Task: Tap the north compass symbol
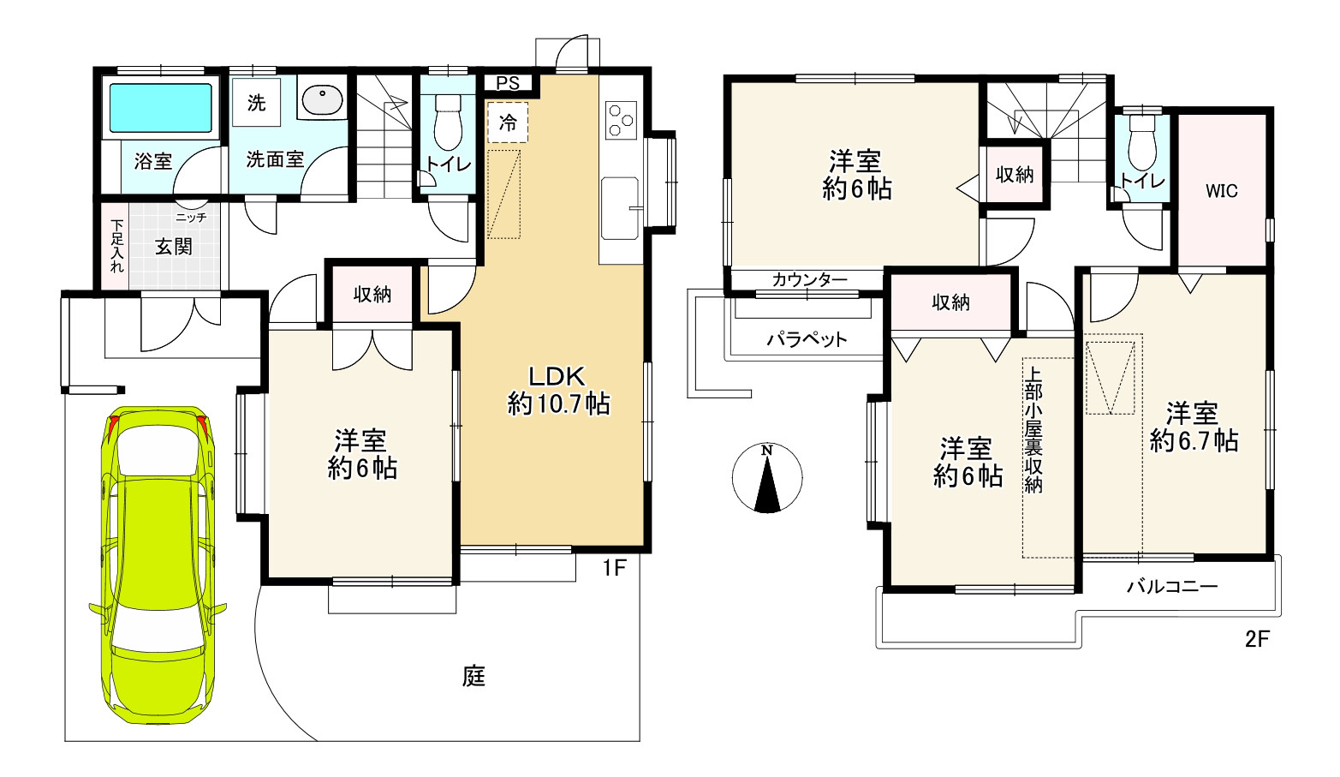point(767,478)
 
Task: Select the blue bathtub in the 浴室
point(159,107)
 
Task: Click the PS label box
point(508,83)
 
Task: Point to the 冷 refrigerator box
point(508,123)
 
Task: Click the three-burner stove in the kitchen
point(620,119)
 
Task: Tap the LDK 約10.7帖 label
point(557,390)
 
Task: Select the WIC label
point(1222,191)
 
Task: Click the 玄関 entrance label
point(173,247)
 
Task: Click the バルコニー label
point(1171,587)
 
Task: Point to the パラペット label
point(807,339)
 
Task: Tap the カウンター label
point(809,280)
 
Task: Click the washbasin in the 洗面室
point(322,100)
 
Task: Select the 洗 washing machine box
point(256,103)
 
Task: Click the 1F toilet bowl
point(447,122)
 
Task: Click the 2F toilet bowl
point(1142,142)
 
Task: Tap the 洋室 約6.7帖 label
point(1193,427)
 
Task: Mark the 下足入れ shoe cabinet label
point(116,247)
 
